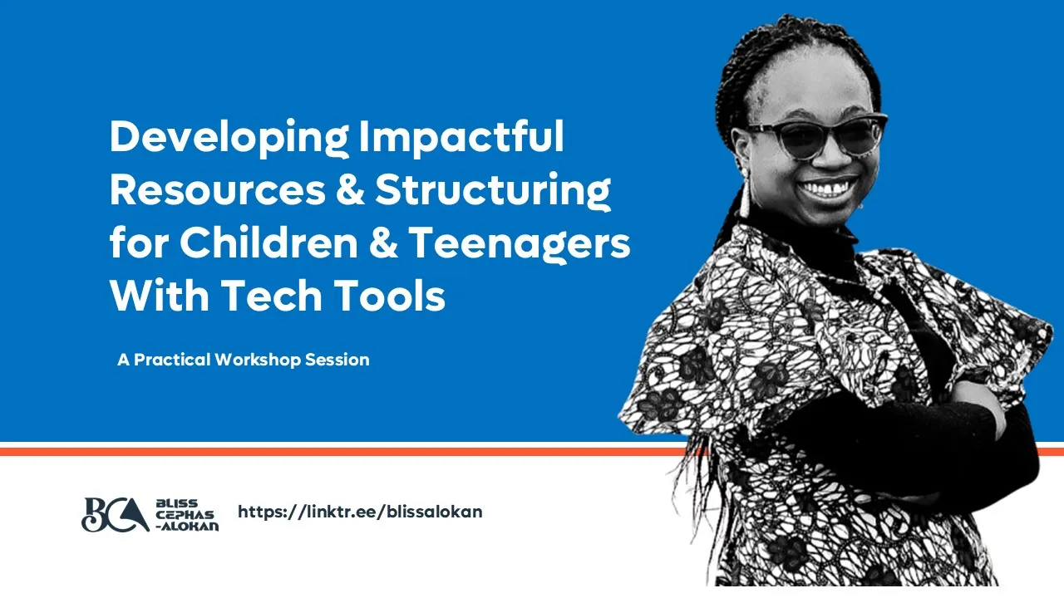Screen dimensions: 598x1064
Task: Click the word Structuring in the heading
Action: [x=493, y=190]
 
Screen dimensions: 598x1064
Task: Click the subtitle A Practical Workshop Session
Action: [x=244, y=360]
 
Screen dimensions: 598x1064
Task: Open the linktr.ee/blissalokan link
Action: [x=360, y=512]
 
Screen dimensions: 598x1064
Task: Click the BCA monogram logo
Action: [x=115, y=514]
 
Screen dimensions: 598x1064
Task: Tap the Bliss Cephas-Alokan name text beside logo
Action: [x=186, y=515]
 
